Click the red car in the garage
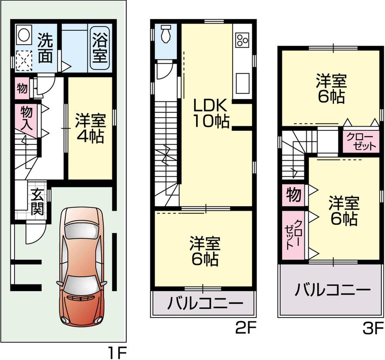81,266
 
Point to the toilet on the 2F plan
166,34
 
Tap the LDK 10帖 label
211,114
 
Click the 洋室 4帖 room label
90,128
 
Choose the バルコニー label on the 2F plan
205,304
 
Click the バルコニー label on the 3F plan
332,289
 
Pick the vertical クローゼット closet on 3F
293,235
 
